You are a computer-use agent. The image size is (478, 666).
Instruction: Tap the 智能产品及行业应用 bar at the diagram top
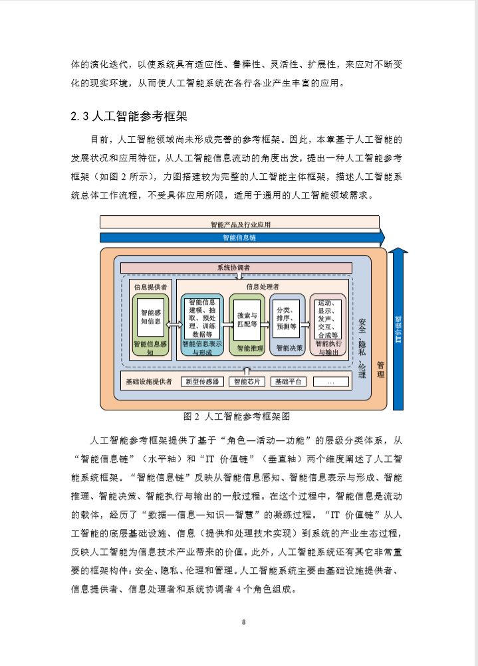(x=239, y=222)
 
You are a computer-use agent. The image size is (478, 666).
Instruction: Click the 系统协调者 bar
(x=236, y=268)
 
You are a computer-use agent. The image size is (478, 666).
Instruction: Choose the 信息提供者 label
(x=150, y=287)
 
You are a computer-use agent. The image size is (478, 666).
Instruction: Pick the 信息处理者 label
(x=263, y=287)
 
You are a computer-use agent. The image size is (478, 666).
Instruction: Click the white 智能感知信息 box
(x=150, y=316)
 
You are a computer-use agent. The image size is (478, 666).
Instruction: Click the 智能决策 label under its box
(x=288, y=347)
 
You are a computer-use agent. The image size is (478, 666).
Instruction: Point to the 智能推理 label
(x=247, y=347)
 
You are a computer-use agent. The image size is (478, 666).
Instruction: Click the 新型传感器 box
(x=202, y=382)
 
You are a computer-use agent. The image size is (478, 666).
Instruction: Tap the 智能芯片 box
(x=246, y=382)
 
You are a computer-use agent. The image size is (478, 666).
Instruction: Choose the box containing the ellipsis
(x=330, y=382)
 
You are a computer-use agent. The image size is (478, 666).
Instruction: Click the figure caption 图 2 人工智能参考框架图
(x=236, y=416)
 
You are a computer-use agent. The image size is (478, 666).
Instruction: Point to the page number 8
(x=244, y=622)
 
